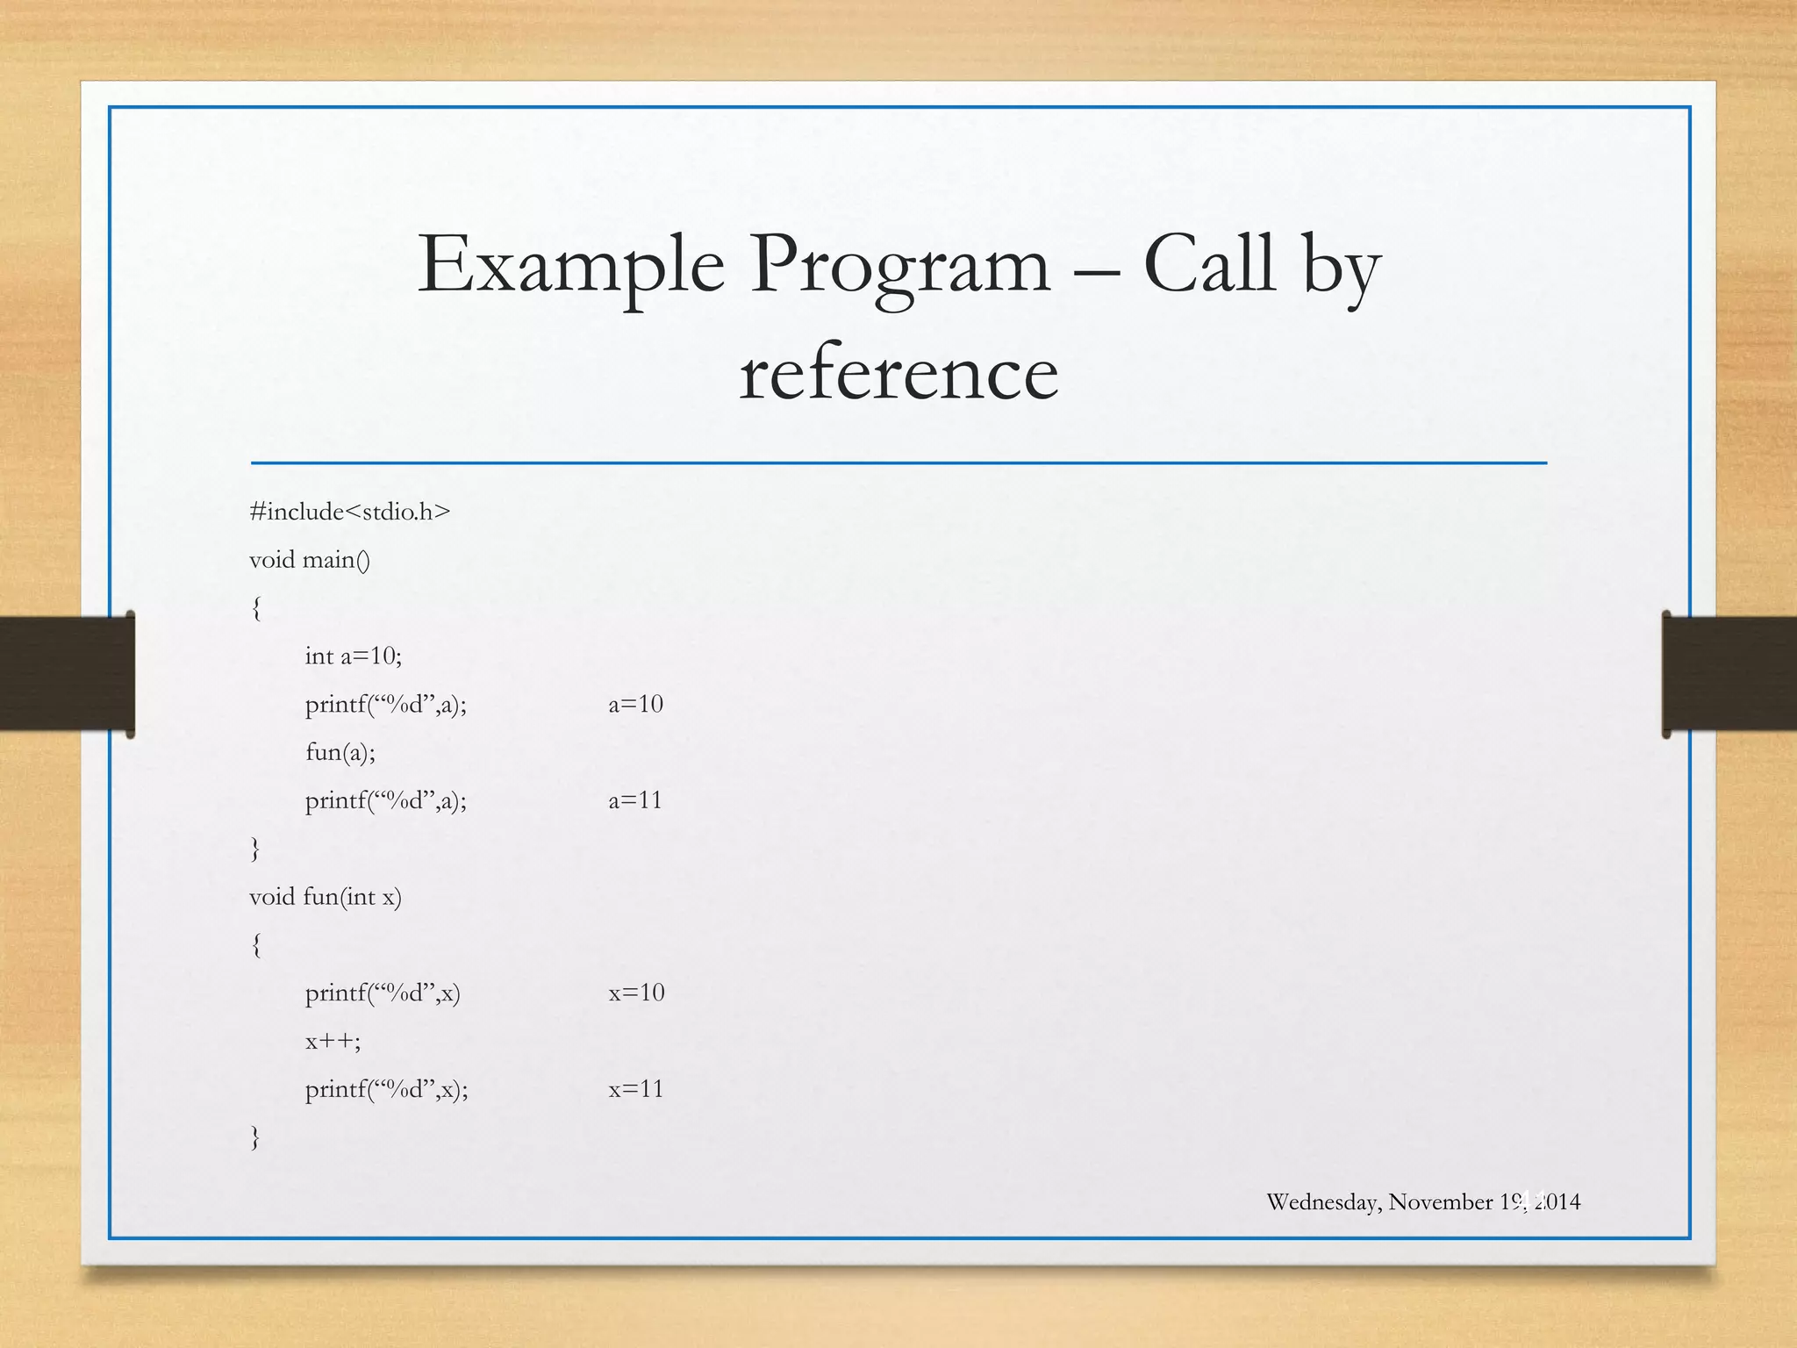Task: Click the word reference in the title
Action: [x=898, y=374]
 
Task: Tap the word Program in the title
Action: [x=899, y=265]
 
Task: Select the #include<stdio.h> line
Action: [x=349, y=512]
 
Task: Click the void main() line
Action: [x=310, y=560]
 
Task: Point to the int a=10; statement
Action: [x=353, y=656]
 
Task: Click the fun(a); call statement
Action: [x=340, y=752]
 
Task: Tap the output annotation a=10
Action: [x=635, y=704]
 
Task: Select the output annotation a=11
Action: [x=635, y=800]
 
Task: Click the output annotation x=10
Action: [x=636, y=993]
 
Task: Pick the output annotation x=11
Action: [x=636, y=1089]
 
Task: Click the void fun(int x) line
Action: [x=326, y=897]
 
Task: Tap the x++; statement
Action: [x=333, y=1042]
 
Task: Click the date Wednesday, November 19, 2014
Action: [x=1422, y=1201]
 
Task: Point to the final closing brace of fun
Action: [x=255, y=1137]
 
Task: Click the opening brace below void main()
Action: [x=255, y=608]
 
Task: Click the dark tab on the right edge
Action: [x=1729, y=674]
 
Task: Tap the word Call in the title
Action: [x=1208, y=265]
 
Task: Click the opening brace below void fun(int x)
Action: [x=255, y=945]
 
